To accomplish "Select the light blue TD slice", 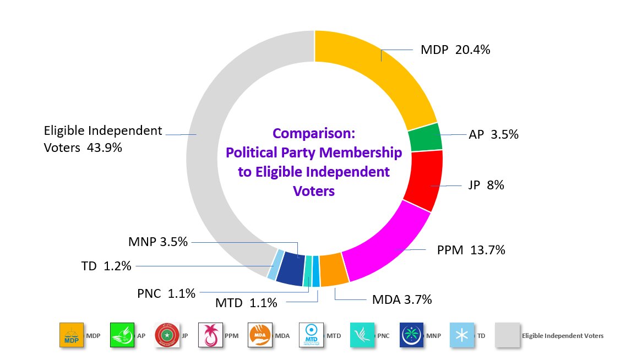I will [271, 264].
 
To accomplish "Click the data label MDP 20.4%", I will [455, 50].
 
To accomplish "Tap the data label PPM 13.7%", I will [471, 250].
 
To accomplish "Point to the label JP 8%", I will [486, 186].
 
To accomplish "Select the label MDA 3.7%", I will [401, 300].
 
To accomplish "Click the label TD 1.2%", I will [106, 266].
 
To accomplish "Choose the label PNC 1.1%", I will [166, 293].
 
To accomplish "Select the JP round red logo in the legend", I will [167, 335].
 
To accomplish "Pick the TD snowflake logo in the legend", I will [461, 335].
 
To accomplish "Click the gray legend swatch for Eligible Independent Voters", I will [507, 335].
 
